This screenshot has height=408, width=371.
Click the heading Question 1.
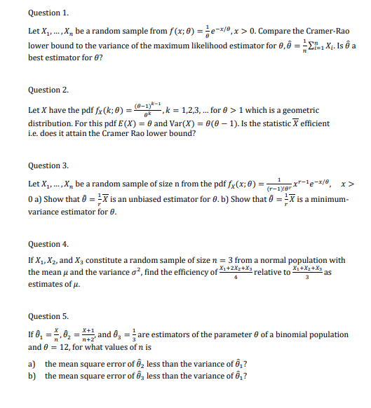tap(48, 13)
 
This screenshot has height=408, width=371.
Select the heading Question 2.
tap(48, 90)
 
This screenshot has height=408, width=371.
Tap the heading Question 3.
tap(48, 166)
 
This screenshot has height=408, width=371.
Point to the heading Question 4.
tap(48, 244)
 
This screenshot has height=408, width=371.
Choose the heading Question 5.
tap(48, 316)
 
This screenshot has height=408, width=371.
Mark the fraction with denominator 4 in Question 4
tap(235, 272)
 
